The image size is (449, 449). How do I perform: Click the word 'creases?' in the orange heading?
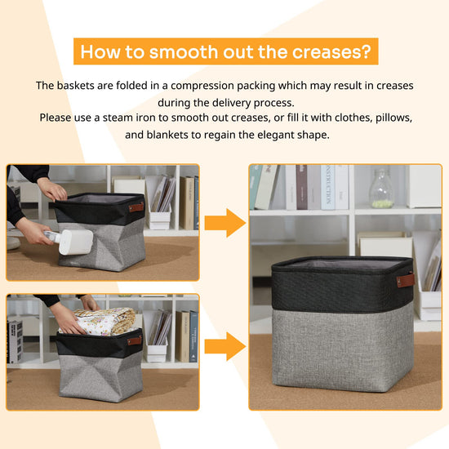[331, 51]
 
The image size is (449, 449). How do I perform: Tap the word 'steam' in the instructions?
[118, 118]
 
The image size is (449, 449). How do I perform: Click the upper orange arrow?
[224, 223]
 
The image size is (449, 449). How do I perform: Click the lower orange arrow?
[224, 346]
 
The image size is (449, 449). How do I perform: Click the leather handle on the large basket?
[406, 280]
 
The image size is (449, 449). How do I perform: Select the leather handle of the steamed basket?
[136, 207]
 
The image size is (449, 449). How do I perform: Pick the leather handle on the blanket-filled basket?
[135, 340]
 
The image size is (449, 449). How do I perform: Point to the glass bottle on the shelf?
[381, 188]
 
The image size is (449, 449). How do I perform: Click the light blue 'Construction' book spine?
[328, 187]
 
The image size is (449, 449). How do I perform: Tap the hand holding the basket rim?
[52, 189]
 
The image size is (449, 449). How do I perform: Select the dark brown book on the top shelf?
[301, 187]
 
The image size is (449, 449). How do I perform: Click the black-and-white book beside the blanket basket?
[15, 341]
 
